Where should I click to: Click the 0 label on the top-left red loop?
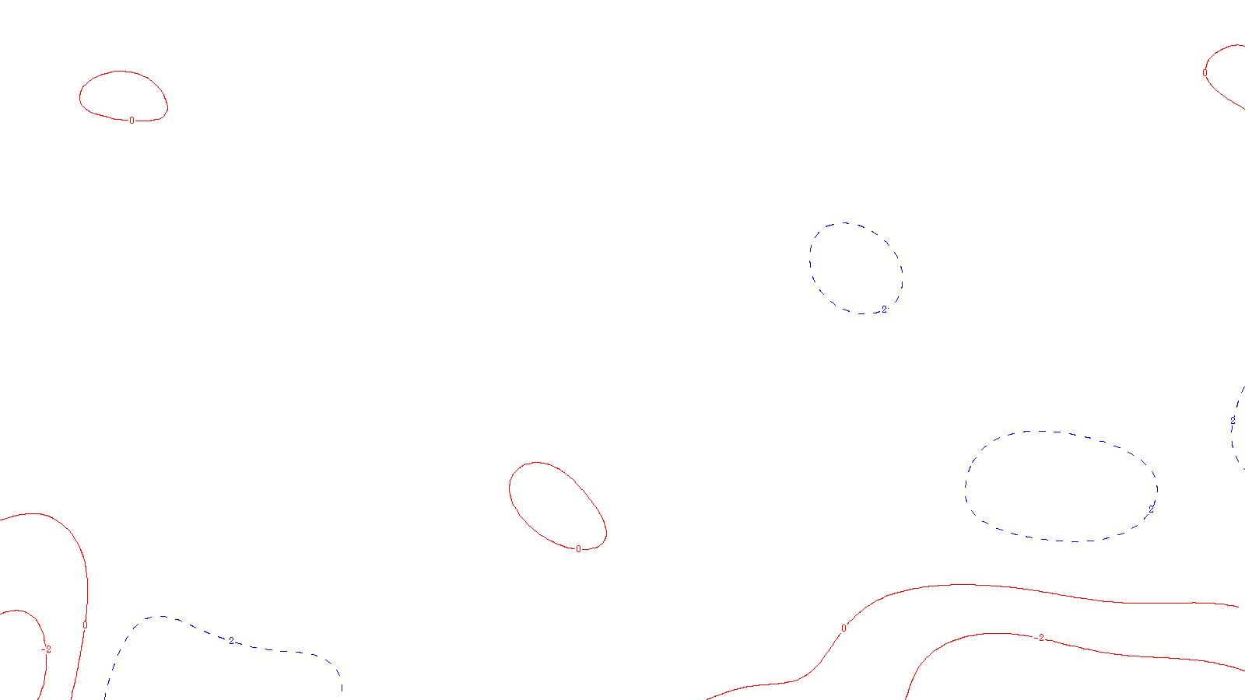pyautogui.click(x=132, y=121)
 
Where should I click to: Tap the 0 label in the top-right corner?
pyautogui.click(x=1205, y=73)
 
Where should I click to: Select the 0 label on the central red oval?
pyautogui.click(x=578, y=549)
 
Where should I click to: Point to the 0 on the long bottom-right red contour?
pyautogui.click(x=843, y=628)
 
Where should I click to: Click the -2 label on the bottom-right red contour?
pyautogui.click(x=1040, y=638)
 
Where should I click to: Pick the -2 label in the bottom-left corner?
pyautogui.click(x=47, y=649)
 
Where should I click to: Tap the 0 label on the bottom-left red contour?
pyautogui.click(x=85, y=625)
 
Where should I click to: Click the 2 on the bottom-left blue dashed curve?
pyautogui.click(x=230, y=640)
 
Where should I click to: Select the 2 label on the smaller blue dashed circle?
pyautogui.click(x=884, y=310)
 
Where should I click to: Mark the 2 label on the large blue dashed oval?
pyautogui.click(x=1152, y=509)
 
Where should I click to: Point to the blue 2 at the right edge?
pyautogui.click(x=1233, y=420)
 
